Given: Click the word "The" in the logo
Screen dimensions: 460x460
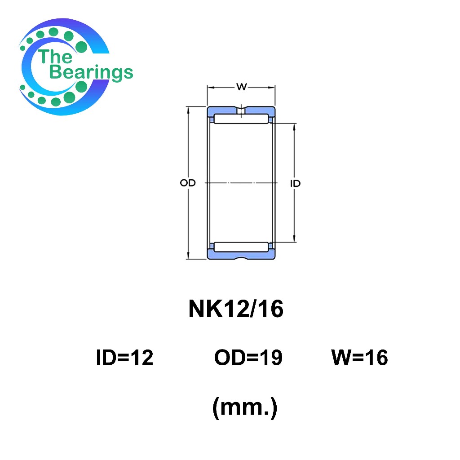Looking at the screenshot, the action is click(55, 56).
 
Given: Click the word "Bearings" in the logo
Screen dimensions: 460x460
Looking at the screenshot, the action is click(91, 72).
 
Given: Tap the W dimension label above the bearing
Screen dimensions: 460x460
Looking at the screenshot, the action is click(241, 87).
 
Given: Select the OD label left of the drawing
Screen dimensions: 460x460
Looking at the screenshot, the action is click(188, 183).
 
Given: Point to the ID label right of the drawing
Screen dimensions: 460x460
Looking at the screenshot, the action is click(295, 184).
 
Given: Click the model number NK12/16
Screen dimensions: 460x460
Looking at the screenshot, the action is click(236, 309).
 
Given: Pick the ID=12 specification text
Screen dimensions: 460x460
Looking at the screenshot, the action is click(125, 358).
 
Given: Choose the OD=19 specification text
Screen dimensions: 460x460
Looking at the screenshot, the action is click(248, 358).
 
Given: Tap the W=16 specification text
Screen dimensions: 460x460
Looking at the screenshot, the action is click(359, 358).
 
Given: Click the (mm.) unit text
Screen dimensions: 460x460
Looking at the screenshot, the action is click(245, 407).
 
